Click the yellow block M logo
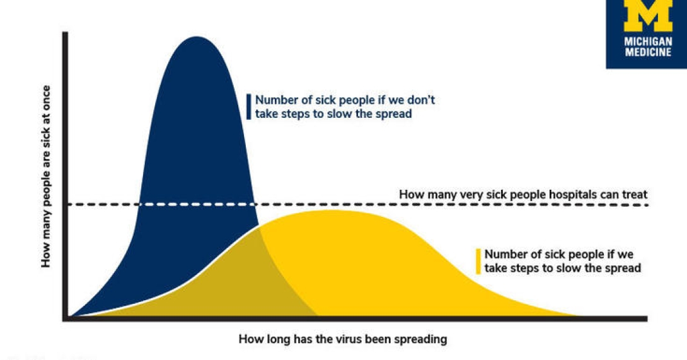(648, 15)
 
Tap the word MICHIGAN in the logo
(648, 42)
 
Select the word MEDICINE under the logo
(648, 52)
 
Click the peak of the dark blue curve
(196, 37)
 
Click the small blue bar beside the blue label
(249, 107)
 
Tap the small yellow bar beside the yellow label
(478, 262)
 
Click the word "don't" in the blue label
(421, 100)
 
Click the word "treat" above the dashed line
(635, 195)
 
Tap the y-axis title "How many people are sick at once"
(46, 177)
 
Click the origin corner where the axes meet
(66, 319)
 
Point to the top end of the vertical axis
(66, 33)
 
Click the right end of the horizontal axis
(646, 319)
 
